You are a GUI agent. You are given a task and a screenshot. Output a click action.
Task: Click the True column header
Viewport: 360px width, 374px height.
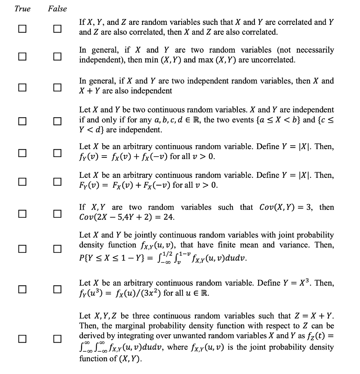coord(22,9)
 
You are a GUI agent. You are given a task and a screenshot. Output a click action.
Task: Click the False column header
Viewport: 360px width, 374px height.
coord(57,9)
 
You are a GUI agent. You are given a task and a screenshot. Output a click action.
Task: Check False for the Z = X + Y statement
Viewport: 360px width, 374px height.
coord(57,338)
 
